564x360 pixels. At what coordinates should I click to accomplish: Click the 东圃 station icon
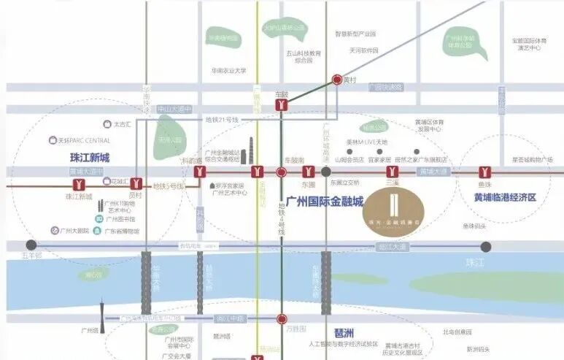click(308, 172)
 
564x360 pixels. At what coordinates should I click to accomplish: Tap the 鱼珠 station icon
click(484, 172)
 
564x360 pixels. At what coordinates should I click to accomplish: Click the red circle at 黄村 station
click(337, 80)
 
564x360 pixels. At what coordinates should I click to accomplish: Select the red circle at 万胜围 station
click(282, 318)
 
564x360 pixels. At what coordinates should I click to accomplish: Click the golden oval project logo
click(393, 211)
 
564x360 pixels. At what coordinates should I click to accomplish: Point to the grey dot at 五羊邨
click(31, 246)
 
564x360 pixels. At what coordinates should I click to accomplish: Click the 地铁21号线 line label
click(222, 119)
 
